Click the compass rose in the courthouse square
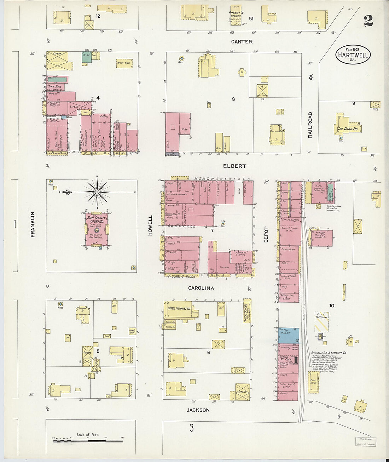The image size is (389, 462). coord(97,192)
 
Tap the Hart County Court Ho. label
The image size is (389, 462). coord(97,219)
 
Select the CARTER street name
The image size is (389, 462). coord(242,42)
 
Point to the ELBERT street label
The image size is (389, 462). coord(234,166)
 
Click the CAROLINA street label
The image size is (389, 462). coord(201,288)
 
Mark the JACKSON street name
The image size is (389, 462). coord(198,410)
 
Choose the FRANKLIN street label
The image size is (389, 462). coord(33,224)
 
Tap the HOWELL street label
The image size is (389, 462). coord(150,225)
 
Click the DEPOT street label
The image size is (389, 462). coord(266,234)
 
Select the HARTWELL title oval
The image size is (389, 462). coord(353,55)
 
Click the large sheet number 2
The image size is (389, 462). coord(368,21)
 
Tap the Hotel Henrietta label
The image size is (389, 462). coord(179,308)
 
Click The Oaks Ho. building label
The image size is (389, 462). coord(348,129)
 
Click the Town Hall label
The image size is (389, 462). coord(55,86)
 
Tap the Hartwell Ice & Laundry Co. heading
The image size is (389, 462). coord(329,353)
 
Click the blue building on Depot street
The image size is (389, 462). coord(289,335)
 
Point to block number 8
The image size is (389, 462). coord(233,99)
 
